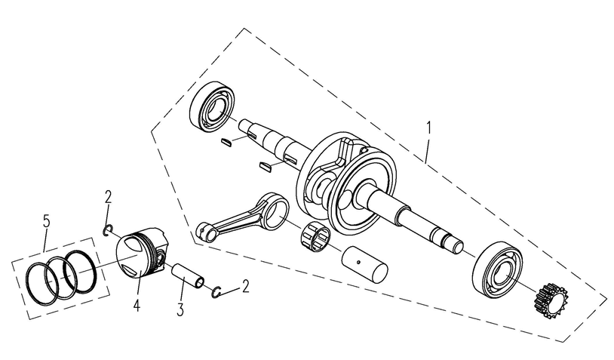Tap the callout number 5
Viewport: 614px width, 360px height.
pyautogui.click(x=47, y=222)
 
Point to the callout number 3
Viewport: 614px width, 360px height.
pyautogui.click(x=180, y=309)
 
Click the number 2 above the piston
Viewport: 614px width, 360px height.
pyautogui.click(x=109, y=198)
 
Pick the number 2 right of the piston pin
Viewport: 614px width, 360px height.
pyautogui.click(x=244, y=286)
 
